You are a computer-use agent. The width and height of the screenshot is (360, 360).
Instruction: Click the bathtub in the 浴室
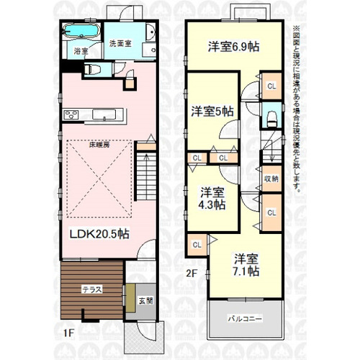[x=82, y=33]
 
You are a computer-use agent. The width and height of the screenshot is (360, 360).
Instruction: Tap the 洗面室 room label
[x=120, y=44]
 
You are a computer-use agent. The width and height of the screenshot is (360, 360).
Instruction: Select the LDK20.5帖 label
[x=99, y=235]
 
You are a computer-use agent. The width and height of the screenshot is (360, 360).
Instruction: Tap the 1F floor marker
[x=68, y=333]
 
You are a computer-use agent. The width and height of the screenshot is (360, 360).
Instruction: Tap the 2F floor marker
[x=192, y=273]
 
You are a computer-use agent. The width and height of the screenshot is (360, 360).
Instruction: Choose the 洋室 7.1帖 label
[x=245, y=265]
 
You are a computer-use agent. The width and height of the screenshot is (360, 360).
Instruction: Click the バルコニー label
[x=245, y=317]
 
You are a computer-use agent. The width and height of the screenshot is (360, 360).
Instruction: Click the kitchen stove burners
[x=72, y=115]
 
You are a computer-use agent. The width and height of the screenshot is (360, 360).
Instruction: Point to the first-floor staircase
[x=145, y=173]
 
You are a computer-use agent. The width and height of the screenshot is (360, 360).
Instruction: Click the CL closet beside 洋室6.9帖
[x=271, y=86]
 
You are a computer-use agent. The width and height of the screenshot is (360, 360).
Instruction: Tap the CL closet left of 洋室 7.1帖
[x=197, y=245]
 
